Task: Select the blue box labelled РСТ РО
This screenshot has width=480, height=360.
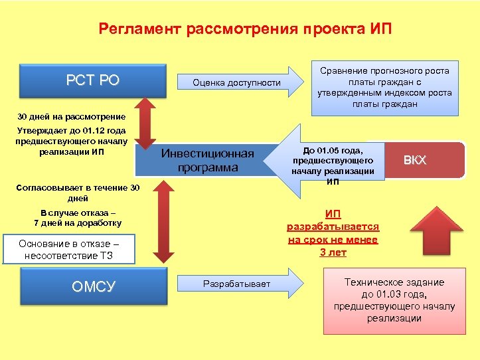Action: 92,81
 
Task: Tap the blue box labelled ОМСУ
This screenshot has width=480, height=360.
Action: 92,286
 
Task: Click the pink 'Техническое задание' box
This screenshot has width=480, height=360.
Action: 394,300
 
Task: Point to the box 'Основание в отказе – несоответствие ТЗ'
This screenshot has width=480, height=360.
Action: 68,249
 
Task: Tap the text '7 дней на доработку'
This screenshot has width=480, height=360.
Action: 78,223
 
